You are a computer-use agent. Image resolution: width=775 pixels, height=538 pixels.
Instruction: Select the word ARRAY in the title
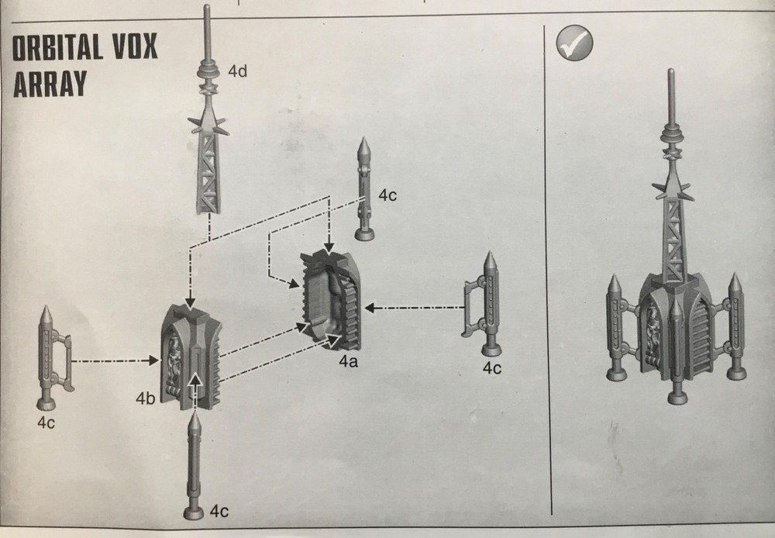pos(50,82)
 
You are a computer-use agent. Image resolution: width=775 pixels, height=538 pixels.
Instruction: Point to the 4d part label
pos(237,72)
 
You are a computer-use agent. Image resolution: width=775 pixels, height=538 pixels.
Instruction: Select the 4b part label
pos(144,399)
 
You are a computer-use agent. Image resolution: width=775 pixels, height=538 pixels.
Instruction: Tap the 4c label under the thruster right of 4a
pos(491,368)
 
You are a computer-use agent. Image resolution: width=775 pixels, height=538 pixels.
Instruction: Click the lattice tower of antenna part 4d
pos(208,171)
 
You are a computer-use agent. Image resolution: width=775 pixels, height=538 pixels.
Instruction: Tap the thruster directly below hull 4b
pos(194,465)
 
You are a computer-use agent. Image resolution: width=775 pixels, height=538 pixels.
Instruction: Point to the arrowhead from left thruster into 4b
pos(151,360)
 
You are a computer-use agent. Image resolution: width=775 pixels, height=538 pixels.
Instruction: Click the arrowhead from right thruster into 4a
pos(371,309)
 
